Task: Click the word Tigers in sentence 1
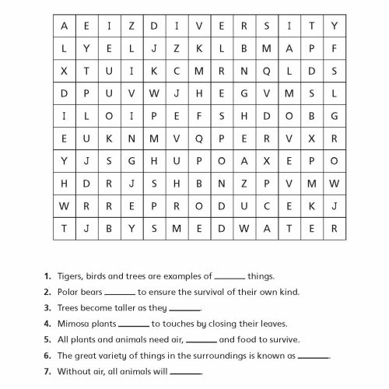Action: [x=69, y=276]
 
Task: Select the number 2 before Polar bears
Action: [x=47, y=293]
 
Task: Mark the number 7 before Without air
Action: [x=47, y=371]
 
